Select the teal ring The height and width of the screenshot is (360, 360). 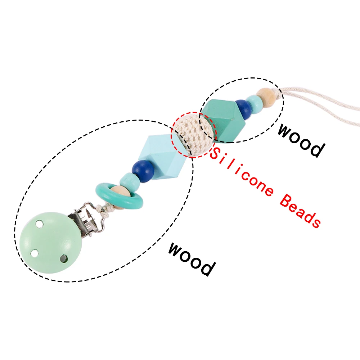click(x=120, y=195)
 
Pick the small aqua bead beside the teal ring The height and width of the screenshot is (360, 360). click(x=130, y=182)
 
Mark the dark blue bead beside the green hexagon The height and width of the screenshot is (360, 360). click(x=244, y=109)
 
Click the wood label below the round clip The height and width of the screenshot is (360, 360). click(x=192, y=259)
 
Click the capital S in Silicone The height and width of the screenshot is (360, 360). click(x=215, y=153)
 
